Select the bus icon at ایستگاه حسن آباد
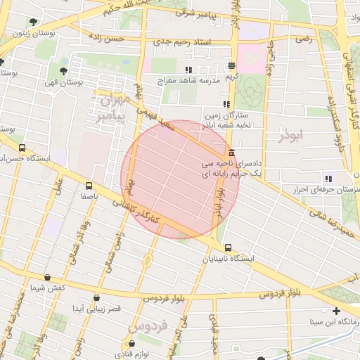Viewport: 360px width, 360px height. (22, 148)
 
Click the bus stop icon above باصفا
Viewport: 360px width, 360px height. (89, 186)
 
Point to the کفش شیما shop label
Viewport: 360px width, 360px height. (48, 288)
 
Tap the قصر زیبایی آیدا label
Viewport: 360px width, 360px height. (98, 309)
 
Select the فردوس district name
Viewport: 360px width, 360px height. (147, 327)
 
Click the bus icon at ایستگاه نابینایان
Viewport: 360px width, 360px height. (229, 247)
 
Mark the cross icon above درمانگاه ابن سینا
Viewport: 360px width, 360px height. (337, 311)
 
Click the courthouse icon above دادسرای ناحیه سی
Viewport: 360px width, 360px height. (231, 154)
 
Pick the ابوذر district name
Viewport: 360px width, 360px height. (289, 134)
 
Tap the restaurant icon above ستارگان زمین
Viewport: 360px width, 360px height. (226, 104)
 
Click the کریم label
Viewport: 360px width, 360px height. (232, 76)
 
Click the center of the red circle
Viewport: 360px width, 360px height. (181, 179)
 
